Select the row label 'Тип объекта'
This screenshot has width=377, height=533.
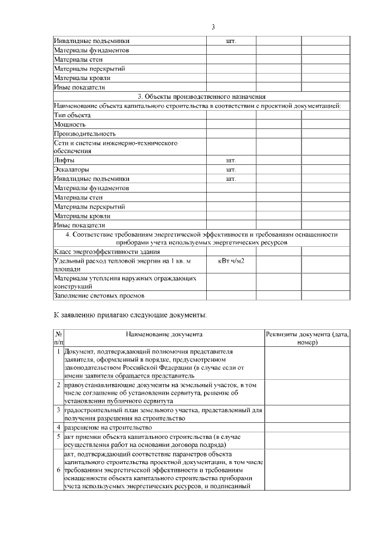70,115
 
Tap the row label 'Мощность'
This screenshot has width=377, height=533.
70,125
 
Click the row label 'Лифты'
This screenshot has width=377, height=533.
64,160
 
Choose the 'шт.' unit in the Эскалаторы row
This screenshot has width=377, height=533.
231,170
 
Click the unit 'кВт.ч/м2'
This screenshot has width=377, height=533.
231,260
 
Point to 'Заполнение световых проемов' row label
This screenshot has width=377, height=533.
99,296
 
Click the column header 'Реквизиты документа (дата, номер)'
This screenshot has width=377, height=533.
307,338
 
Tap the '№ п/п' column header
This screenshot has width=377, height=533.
58,338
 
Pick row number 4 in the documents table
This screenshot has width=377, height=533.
58,427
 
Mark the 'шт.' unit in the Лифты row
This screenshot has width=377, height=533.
231,160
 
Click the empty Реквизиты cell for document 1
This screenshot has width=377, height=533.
307,362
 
